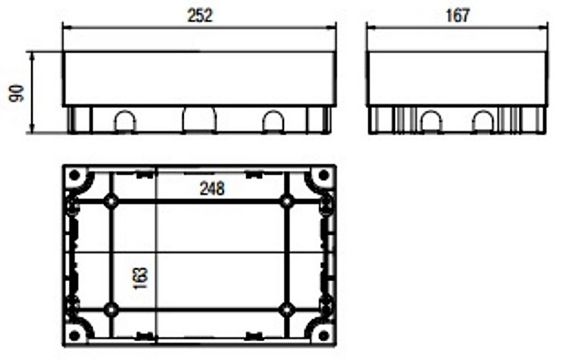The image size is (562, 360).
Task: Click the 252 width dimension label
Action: point(200,15)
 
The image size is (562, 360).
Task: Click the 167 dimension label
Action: point(457,15)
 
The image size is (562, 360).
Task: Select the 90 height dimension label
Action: point(17,94)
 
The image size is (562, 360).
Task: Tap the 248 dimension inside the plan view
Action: point(212,189)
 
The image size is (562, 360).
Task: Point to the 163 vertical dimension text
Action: point(141,278)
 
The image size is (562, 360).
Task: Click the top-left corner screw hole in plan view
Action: point(75,176)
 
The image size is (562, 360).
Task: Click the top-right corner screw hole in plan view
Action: point(323,176)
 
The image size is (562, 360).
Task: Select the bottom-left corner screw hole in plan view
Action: point(75,336)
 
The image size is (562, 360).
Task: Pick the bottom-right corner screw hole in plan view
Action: point(323,336)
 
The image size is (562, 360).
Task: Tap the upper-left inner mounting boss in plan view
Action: point(111,201)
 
